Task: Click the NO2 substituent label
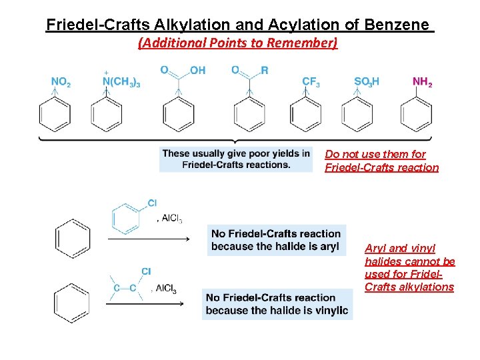[x=61, y=82]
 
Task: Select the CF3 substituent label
[x=311, y=82]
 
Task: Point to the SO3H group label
[x=367, y=82]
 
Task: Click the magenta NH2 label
[x=423, y=82]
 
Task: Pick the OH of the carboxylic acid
[x=197, y=70]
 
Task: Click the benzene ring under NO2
[x=55, y=115]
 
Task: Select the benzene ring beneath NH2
[x=415, y=115]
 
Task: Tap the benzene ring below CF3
[x=305, y=115]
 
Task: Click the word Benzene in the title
[x=397, y=25]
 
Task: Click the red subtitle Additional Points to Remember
[x=238, y=43]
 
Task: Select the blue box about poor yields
[x=236, y=159]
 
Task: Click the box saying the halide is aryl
[x=276, y=240]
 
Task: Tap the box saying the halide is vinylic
[x=277, y=303]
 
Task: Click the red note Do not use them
[x=381, y=161]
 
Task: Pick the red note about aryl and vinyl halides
[x=409, y=267]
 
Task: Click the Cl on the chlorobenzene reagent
[x=152, y=203]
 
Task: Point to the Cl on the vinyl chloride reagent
[x=146, y=271]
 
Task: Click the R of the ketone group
[x=265, y=70]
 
